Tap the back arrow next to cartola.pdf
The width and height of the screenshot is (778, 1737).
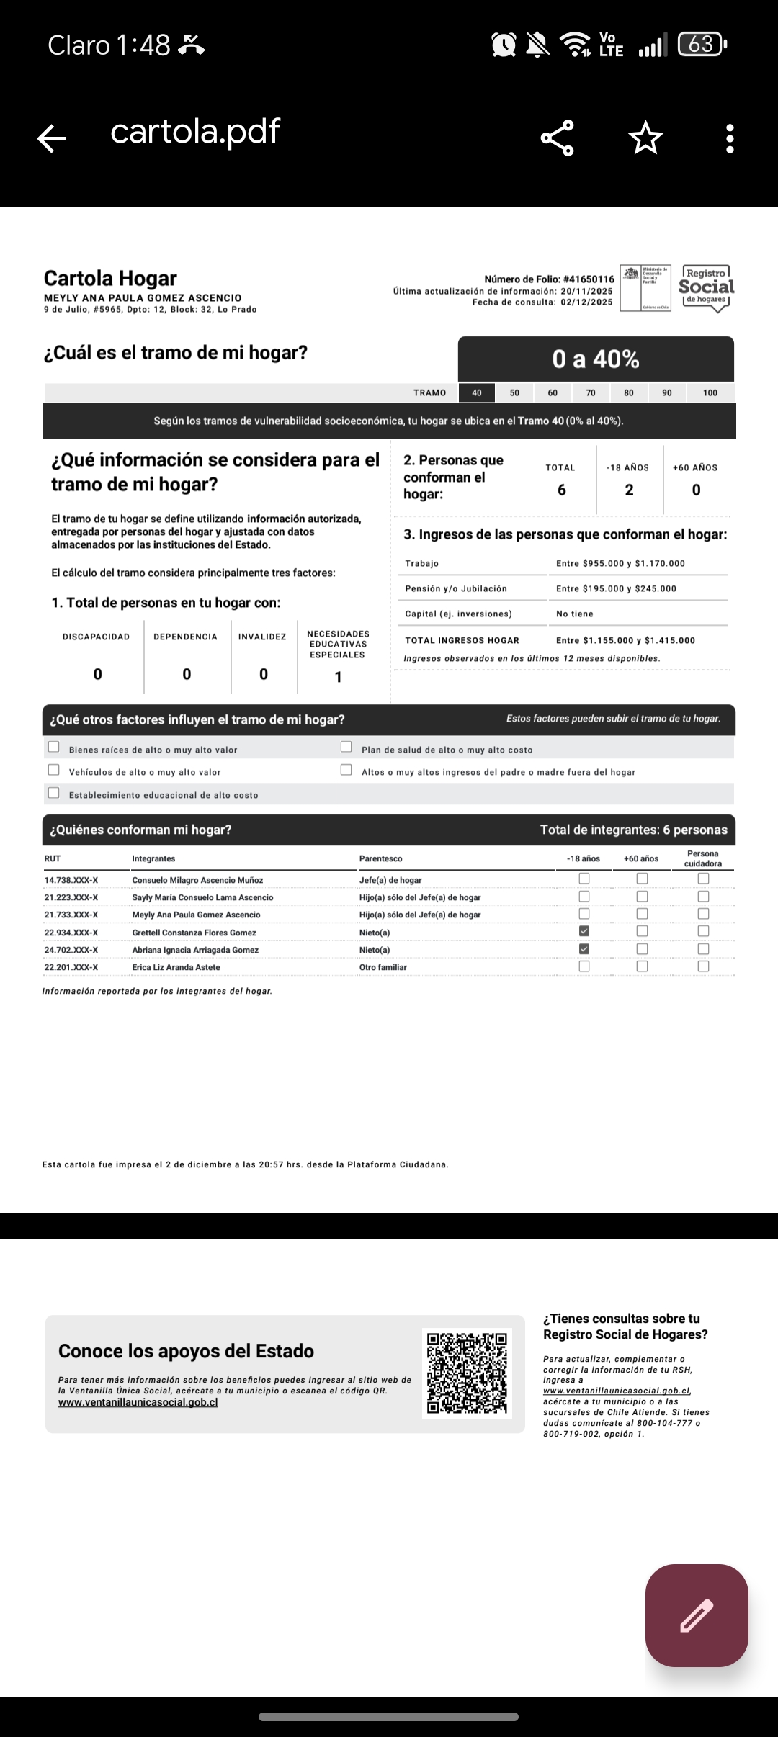coord(52,138)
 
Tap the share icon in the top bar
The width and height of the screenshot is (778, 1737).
coord(558,138)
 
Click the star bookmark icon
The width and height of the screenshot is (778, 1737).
coord(645,138)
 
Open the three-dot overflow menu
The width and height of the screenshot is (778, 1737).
coord(730,138)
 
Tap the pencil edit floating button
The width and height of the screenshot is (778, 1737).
coord(696,1615)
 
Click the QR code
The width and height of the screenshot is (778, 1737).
coord(467,1373)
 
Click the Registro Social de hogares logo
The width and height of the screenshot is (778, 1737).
coord(706,287)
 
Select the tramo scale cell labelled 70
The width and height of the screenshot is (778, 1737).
coord(591,392)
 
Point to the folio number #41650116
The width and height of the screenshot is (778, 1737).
coord(589,279)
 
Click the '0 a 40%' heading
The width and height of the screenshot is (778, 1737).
coord(596,359)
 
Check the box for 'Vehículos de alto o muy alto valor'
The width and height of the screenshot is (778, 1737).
coord(53,770)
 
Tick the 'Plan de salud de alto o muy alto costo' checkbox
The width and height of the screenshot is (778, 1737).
coord(346,747)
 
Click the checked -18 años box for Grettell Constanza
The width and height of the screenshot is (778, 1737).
coord(584,931)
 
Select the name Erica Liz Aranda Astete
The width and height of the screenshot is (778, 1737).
coord(176,967)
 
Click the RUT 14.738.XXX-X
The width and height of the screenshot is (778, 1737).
coord(71,880)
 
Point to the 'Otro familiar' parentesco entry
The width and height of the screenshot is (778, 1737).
coord(383,967)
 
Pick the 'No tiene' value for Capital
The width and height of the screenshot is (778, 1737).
coord(575,614)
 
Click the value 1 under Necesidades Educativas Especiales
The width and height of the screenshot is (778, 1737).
coord(338,677)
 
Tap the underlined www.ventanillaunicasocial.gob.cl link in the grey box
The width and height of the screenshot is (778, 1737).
coord(138,1402)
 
